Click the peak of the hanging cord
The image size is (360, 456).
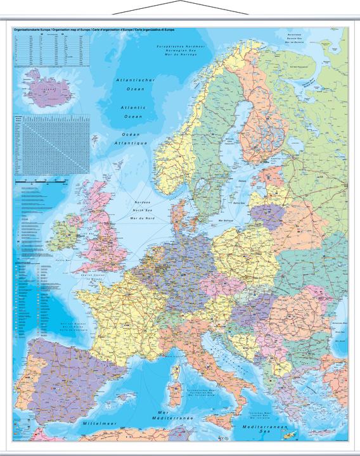[179, 2]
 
